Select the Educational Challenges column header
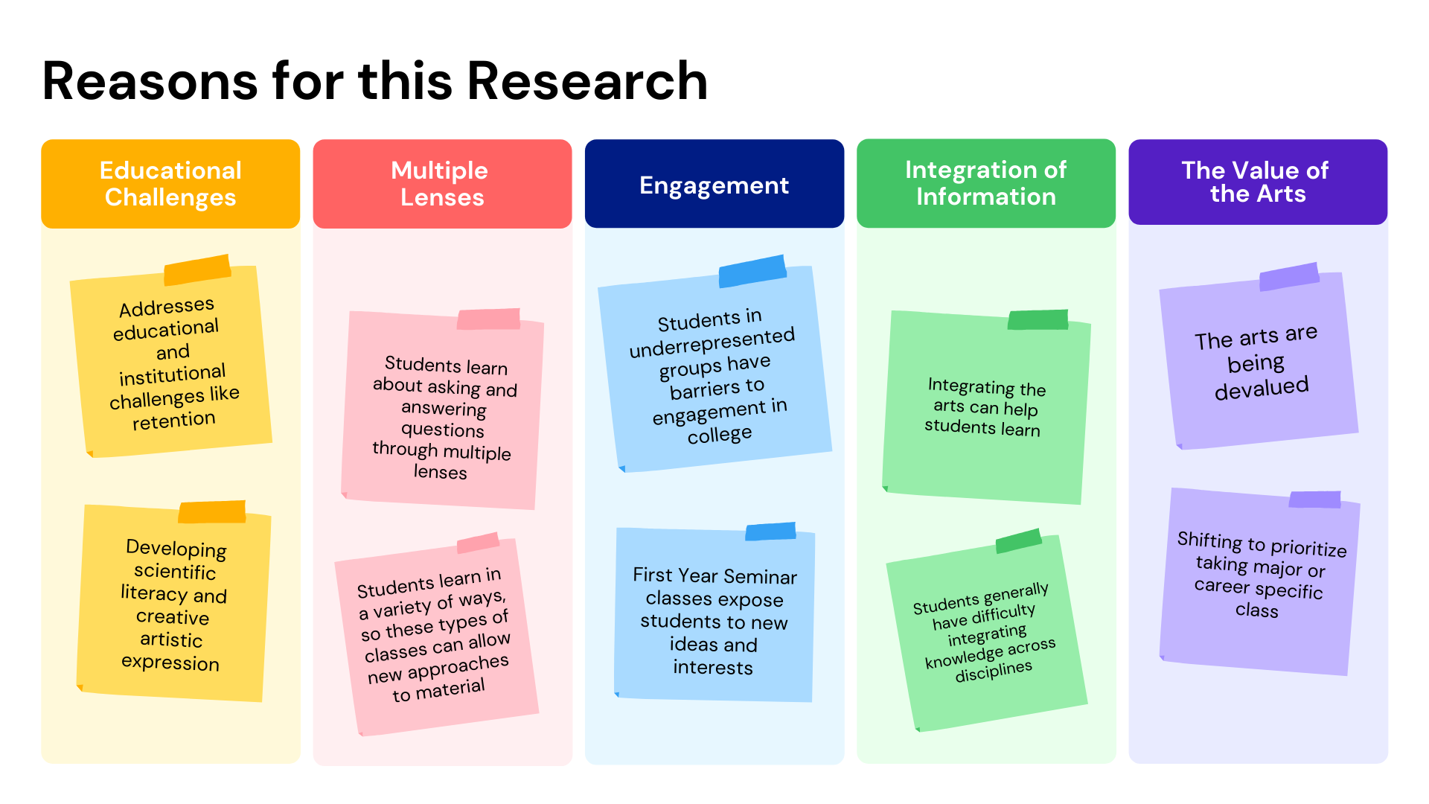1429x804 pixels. pyautogui.click(x=170, y=183)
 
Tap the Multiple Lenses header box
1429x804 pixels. pyautogui.click(x=442, y=183)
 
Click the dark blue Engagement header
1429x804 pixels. pyautogui.click(x=714, y=184)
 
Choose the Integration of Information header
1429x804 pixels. pyautogui.click(x=985, y=183)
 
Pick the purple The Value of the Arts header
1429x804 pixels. pyautogui.click(x=1257, y=182)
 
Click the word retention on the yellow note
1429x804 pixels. pyautogui.click(x=173, y=421)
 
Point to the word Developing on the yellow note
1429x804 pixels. pyautogui.click(x=176, y=549)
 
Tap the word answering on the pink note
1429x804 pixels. pyautogui.click(x=444, y=409)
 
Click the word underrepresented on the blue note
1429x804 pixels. pyautogui.click(x=712, y=342)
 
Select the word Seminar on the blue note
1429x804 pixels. pyautogui.click(x=760, y=577)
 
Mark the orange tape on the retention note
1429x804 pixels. pyautogui.click(x=197, y=269)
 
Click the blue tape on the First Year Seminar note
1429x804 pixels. pyautogui.click(x=770, y=532)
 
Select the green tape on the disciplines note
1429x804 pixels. pyautogui.click(x=1018, y=540)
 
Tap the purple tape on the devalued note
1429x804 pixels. pyautogui.click(x=1289, y=276)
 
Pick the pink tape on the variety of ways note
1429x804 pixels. pyautogui.click(x=478, y=543)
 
